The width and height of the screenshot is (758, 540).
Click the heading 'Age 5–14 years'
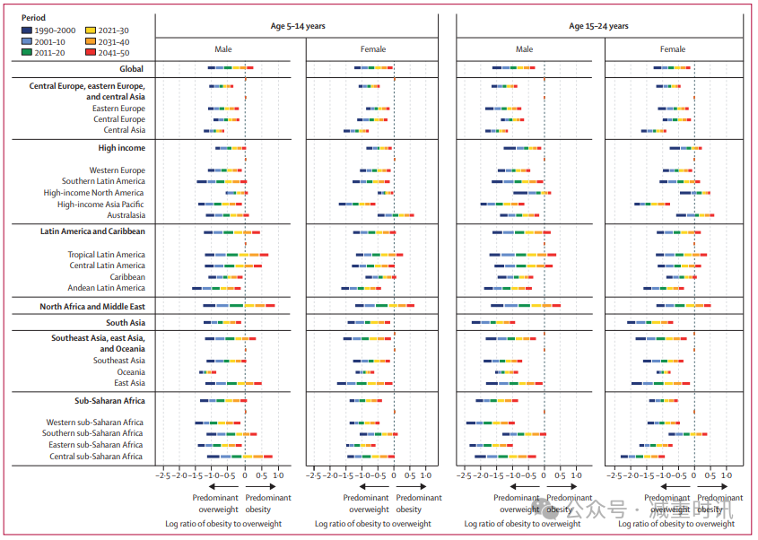coord(300,26)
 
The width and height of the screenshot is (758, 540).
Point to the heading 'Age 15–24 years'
coord(599,26)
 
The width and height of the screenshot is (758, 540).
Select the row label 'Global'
coord(132,68)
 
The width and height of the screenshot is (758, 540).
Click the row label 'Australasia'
coord(126,215)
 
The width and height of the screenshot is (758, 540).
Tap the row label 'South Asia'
coord(125,323)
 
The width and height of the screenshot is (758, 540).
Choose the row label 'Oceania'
coord(131,372)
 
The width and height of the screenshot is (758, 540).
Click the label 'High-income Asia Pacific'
coord(101,205)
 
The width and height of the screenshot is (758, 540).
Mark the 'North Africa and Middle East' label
coord(92,307)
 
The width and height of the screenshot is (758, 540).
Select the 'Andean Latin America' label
coord(106,288)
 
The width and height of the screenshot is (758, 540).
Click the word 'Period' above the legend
coord(34,18)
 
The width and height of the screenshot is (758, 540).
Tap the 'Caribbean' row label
coord(127,277)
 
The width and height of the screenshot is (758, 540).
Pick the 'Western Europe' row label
coord(117,170)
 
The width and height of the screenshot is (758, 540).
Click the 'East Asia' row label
coord(129,383)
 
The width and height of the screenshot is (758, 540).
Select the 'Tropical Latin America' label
coord(106,255)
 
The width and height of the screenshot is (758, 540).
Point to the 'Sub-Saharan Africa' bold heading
coord(109,401)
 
